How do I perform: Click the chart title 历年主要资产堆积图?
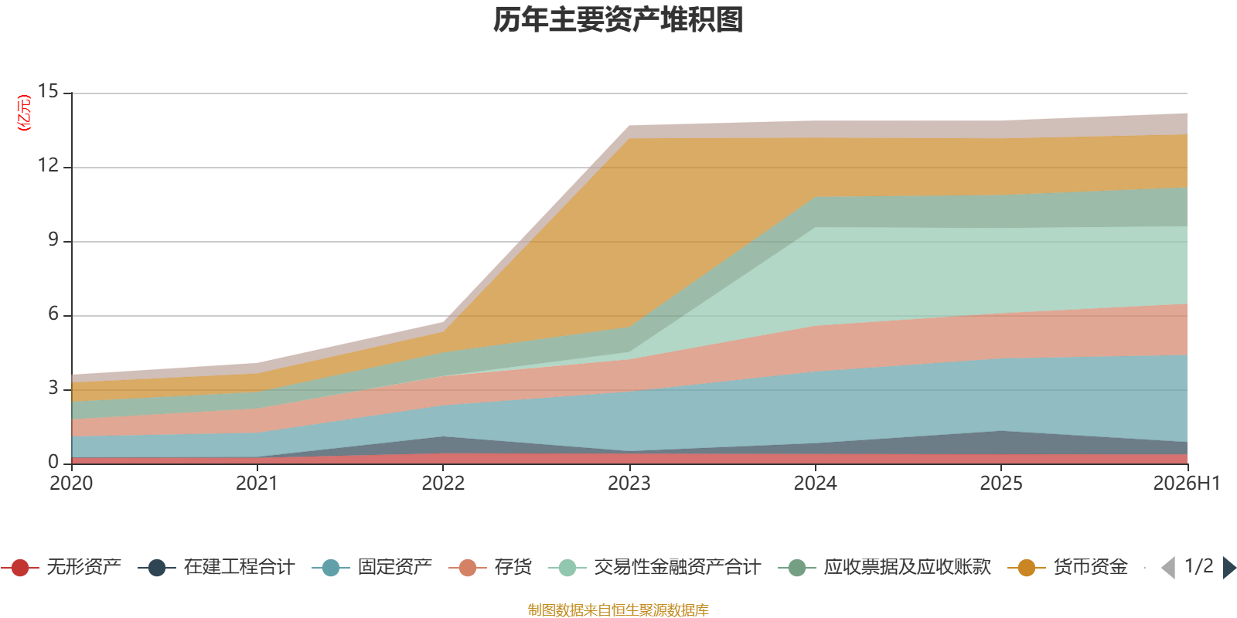[618, 20]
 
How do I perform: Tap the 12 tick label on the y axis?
[48, 165]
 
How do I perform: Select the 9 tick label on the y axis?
[53, 239]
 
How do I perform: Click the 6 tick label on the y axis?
[53, 314]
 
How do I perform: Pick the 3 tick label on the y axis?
[53, 388]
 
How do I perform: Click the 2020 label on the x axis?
[71, 484]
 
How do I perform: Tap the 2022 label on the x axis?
[443, 484]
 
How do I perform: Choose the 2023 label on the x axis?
[629, 484]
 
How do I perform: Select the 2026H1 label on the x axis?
[1186, 484]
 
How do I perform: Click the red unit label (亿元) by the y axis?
[24, 113]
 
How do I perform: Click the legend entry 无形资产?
[61, 567]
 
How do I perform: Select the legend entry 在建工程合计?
[216, 567]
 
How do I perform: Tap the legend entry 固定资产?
[372, 567]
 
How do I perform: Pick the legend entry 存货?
[490, 567]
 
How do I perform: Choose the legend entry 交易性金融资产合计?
[655, 567]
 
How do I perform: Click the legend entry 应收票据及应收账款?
[884, 567]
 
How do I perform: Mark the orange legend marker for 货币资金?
[1027, 568]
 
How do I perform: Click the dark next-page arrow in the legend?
[1229, 567]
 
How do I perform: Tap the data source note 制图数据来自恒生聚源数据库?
[618, 610]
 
